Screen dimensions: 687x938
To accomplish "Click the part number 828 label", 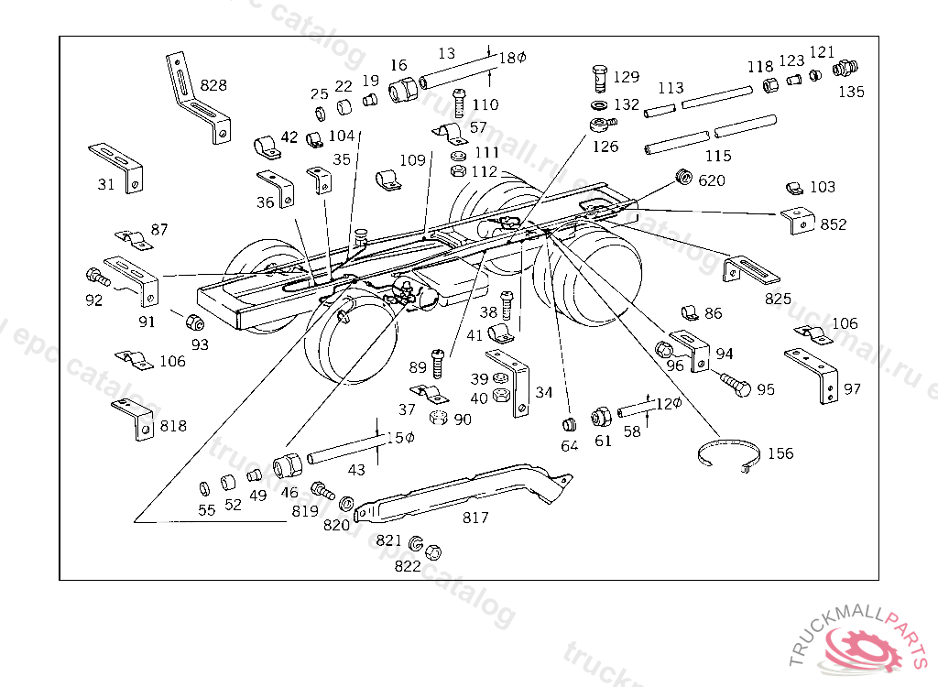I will coord(213,85).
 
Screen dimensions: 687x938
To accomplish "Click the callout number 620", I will coord(711,180).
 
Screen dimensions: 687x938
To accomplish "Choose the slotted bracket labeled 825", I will coord(751,273).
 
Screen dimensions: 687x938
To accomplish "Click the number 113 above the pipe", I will coord(671,89).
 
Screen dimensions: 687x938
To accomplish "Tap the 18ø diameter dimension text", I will coord(512,57).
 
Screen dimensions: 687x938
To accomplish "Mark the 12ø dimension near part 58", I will coord(669,403).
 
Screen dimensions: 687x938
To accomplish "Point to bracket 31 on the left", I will coord(117,165).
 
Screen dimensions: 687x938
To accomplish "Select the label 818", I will coord(173,426).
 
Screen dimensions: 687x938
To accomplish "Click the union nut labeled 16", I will coord(401,92).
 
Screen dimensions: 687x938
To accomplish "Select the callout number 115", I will coord(718,157).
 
